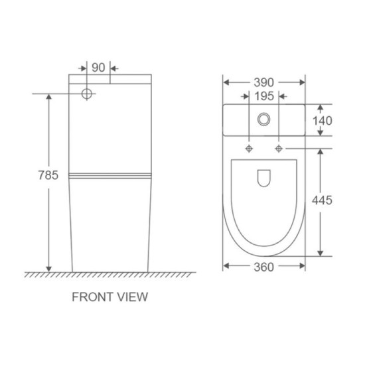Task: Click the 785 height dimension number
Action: pyautogui.click(x=48, y=175)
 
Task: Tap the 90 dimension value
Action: pyautogui.click(x=98, y=68)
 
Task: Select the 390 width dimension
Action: pyautogui.click(x=263, y=82)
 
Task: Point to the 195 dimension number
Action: pyautogui.click(x=264, y=96)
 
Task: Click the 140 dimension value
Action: pyautogui.click(x=322, y=121)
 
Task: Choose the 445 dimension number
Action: pyautogui.click(x=322, y=200)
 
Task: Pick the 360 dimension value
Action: pyautogui.click(x=263, y=267)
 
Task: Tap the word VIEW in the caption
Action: pyautogui.click(x=132, y=297)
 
